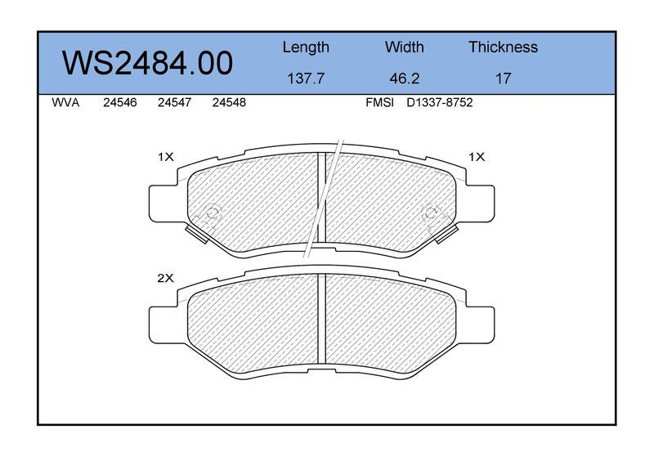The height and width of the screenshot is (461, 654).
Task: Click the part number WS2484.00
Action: (147, 64)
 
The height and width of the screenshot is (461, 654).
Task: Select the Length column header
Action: (306, 47)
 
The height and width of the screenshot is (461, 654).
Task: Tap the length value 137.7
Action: (306, 78)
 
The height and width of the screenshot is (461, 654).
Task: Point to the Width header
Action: (404, 47)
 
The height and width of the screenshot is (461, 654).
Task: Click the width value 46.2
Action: (404, 78)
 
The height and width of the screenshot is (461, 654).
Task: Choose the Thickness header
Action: (503, 47)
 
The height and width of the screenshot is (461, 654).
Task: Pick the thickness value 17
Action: (503, 78)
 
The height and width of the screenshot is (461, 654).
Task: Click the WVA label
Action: (65, 103)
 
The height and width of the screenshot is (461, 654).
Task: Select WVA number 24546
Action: (119, 103)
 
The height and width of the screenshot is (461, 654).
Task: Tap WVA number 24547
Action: (174, 103)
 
